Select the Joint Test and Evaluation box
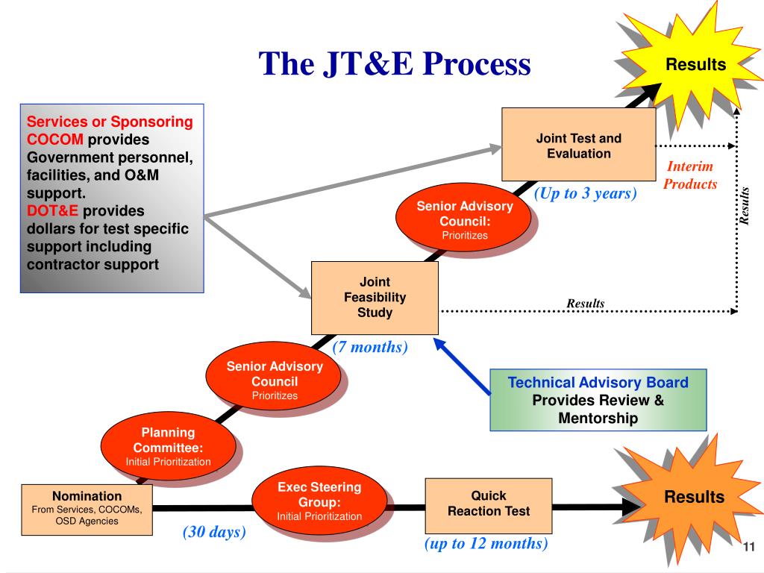point(578,146)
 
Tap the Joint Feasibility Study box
point(375,298)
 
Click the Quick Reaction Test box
point(489,504)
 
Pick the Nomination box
point(87,507)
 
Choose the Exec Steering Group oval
point(319,500)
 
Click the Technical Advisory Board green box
point(598,401)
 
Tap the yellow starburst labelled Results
point(695,65)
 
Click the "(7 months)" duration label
point(370,347)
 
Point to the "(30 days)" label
point(214,533)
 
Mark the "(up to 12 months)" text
point(486,544)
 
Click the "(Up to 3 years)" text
point(585,193)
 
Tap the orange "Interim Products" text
point(690,175)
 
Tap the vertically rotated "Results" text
point(744,204)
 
